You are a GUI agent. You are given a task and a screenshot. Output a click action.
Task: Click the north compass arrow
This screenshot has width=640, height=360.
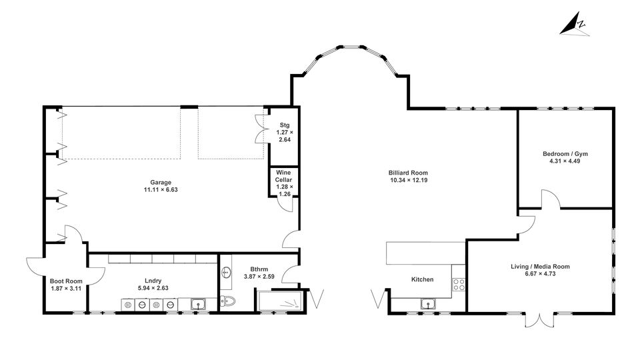574,24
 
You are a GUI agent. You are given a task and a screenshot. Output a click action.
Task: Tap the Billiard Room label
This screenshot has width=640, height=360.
408,173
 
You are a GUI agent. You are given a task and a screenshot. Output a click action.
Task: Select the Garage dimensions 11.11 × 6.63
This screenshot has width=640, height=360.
161,190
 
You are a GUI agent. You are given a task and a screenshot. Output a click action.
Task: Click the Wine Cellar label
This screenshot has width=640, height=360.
284,176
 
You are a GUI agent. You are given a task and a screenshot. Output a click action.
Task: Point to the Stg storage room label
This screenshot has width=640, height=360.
285,125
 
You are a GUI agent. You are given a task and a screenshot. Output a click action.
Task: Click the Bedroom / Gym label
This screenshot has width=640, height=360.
565,154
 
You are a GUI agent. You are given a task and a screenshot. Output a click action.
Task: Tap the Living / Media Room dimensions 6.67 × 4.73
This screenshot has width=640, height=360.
541,274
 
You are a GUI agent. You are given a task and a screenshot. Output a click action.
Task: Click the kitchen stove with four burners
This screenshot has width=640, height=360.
459,284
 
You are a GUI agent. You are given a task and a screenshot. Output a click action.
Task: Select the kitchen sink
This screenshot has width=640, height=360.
429,304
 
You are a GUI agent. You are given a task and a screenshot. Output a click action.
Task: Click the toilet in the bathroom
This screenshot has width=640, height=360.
227,301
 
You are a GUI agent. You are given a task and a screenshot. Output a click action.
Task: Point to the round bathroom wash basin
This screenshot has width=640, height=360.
226,272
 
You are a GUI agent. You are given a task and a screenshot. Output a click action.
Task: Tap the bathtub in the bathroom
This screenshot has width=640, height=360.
280,301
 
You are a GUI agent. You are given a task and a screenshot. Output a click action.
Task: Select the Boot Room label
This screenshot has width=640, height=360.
66,281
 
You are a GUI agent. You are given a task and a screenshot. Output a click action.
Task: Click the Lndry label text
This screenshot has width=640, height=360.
153,281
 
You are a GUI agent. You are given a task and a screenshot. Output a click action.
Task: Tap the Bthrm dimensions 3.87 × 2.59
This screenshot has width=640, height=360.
259,277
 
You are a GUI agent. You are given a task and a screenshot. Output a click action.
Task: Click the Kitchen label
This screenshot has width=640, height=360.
423,279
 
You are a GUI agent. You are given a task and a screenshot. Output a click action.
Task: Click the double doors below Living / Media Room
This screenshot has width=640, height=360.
539,321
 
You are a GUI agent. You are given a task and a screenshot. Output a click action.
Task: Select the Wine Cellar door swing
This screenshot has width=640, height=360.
286,204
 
